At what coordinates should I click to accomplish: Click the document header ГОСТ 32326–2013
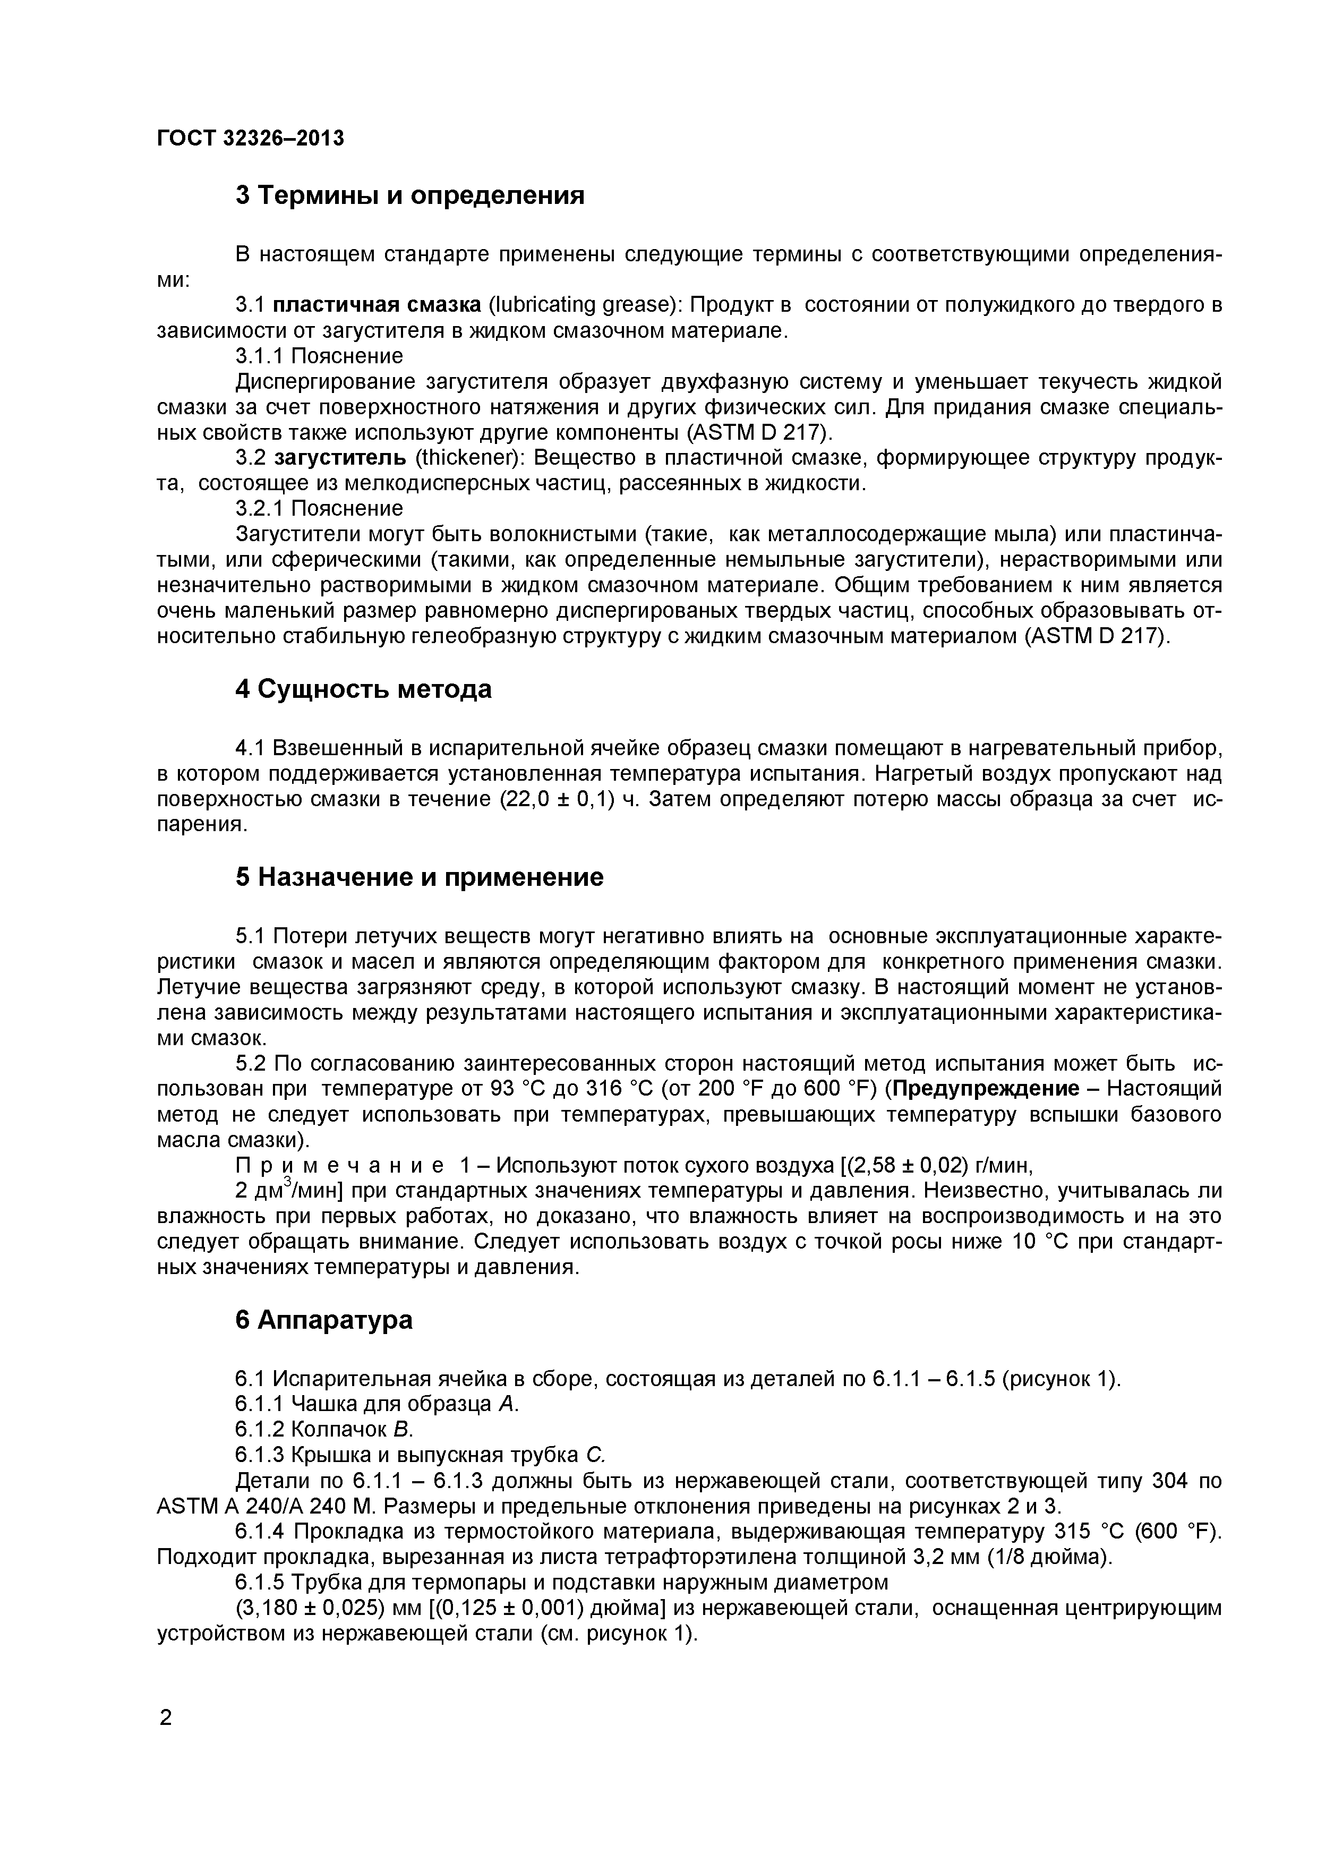(250, 139)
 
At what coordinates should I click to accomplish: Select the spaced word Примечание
(339, 1166)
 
